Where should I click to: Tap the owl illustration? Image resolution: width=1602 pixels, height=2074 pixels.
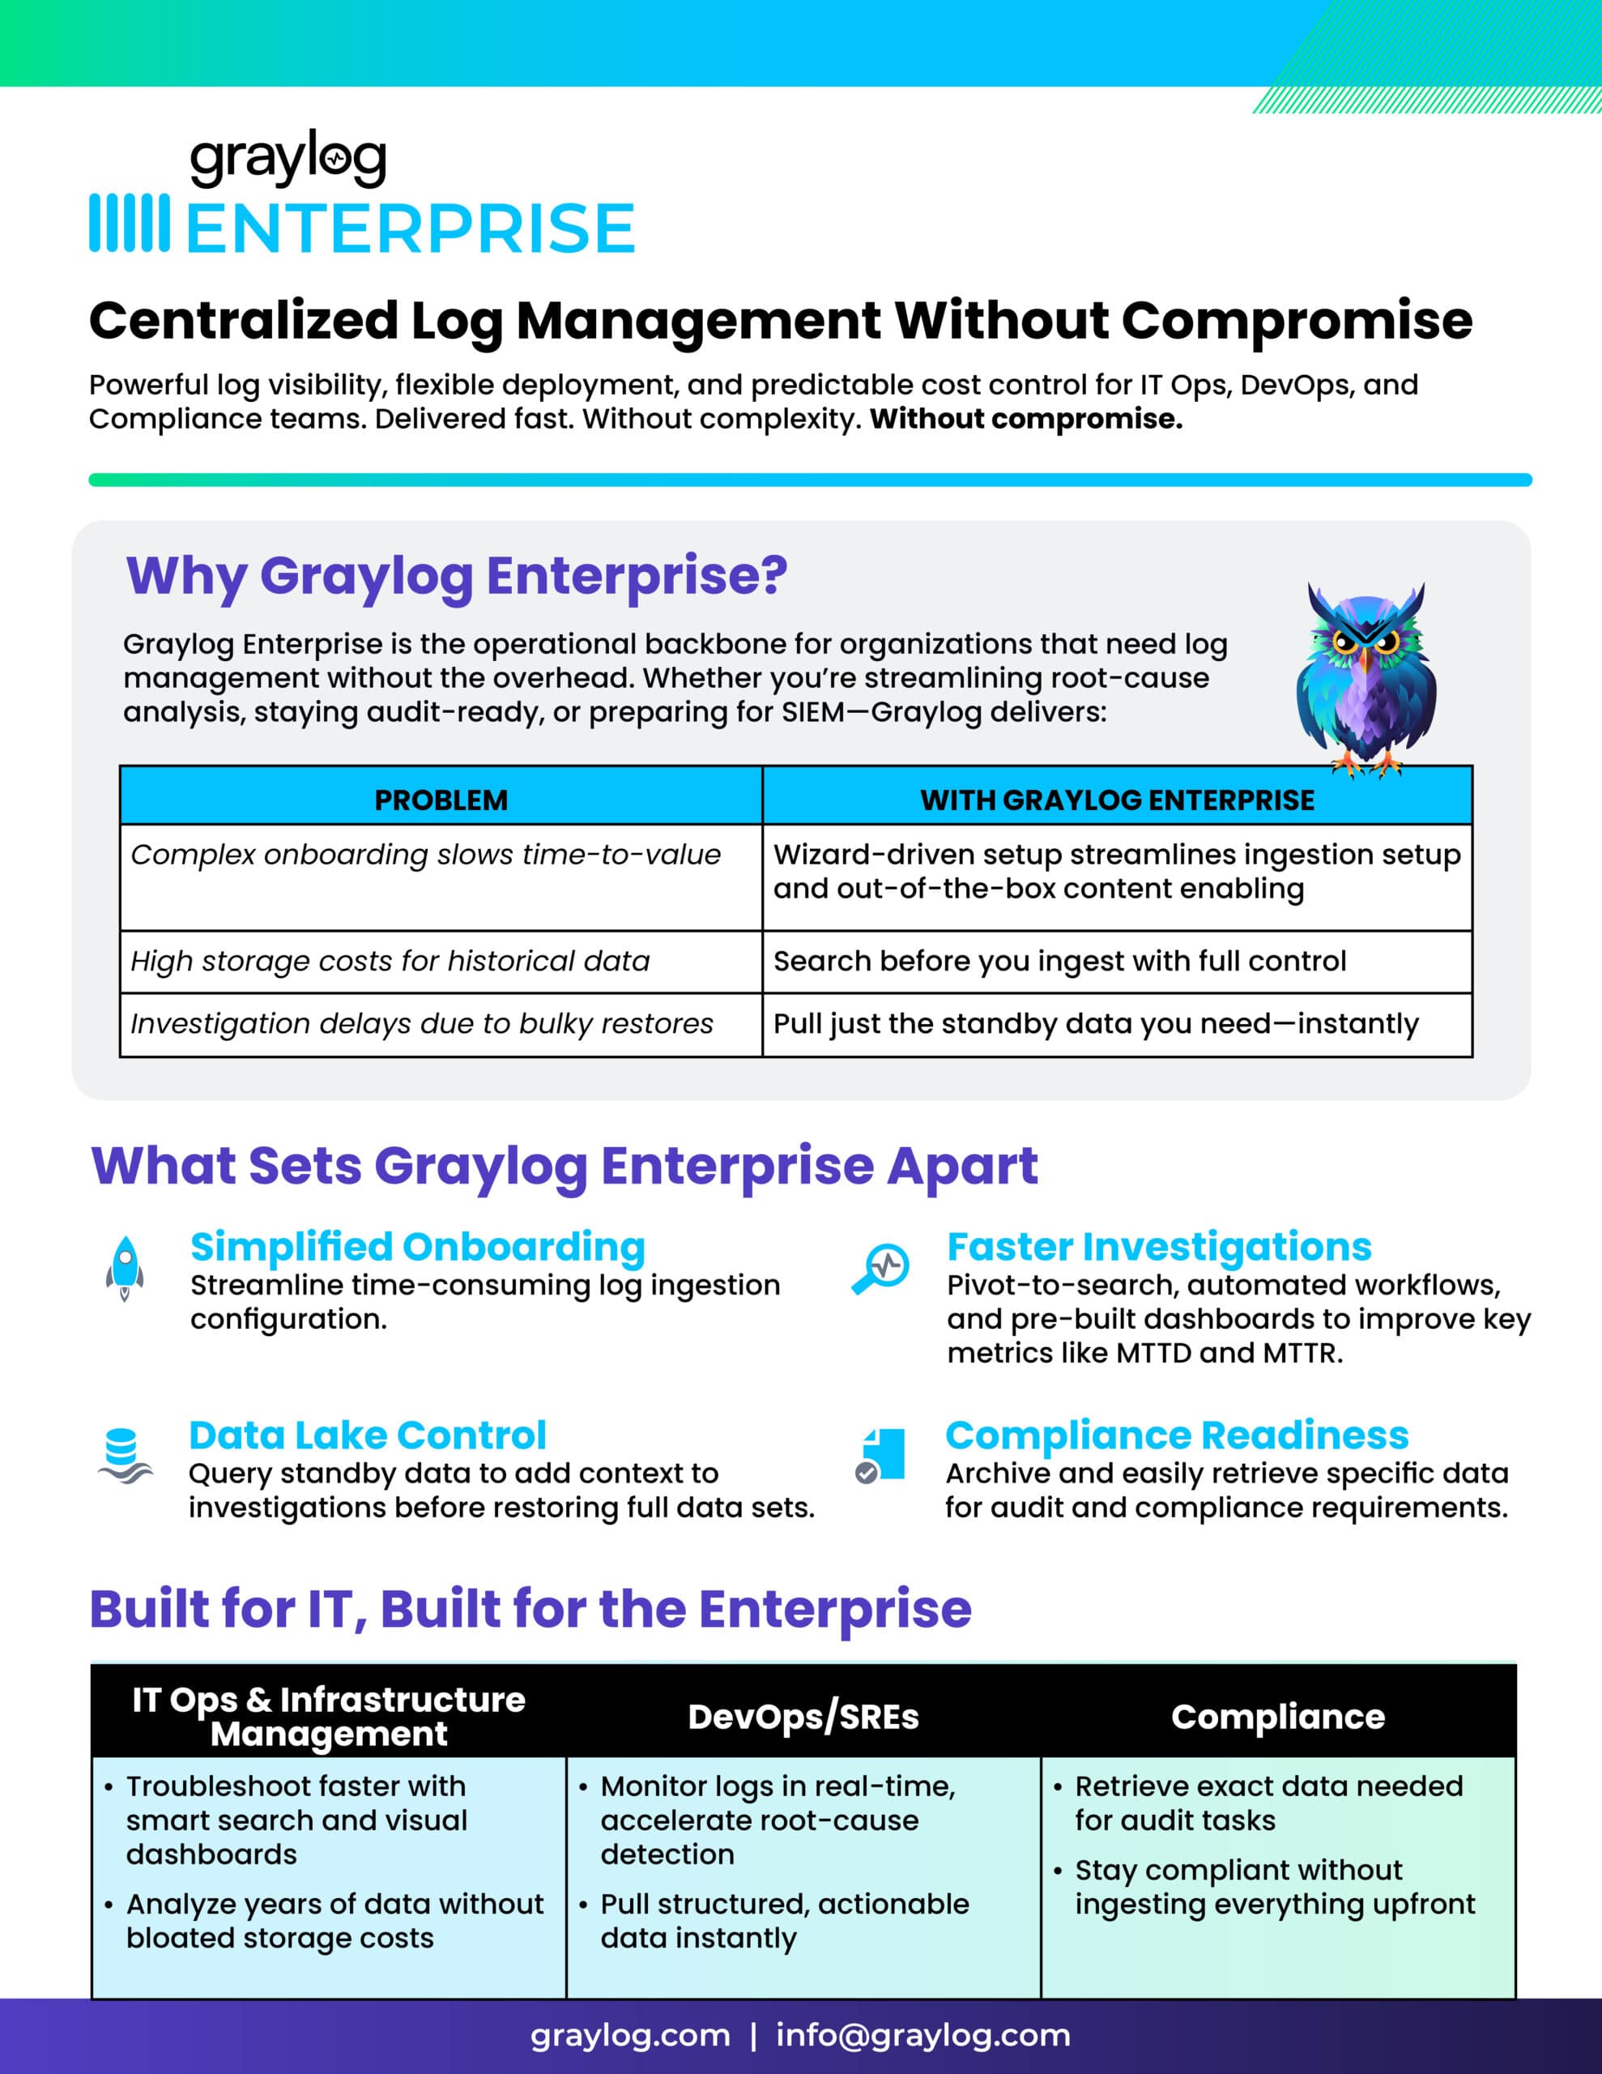(x=1366, y=678)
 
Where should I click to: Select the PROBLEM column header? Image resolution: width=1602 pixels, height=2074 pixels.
(x=441, y=800)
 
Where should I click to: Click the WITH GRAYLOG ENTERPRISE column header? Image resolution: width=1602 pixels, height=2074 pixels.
(x=1117, y=800)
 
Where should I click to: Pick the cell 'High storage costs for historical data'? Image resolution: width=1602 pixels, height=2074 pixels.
(x=390, y=961)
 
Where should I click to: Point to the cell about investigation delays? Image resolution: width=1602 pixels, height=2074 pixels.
(x=422, y=1024)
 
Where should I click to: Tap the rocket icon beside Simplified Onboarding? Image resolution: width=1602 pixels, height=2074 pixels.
(x=125, y=1268)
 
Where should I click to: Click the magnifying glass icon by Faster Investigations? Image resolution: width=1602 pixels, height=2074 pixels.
(x=881, y=1268)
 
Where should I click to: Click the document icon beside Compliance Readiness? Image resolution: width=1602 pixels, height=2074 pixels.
(x=881, y=1454)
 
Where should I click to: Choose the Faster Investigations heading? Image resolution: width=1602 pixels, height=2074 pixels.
(x=1158, y=1246)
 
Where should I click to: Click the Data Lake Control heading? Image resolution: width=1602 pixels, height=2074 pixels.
(x=368, y=1435)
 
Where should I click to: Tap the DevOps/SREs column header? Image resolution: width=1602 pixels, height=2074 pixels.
(x=803, y=1717)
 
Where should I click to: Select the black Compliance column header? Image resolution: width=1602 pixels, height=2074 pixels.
(x=1277, y=1717)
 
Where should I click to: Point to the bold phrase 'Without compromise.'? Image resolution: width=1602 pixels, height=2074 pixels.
(x=1025, y=419)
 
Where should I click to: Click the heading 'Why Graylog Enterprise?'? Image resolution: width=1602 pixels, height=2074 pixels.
(x=457, y=575)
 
